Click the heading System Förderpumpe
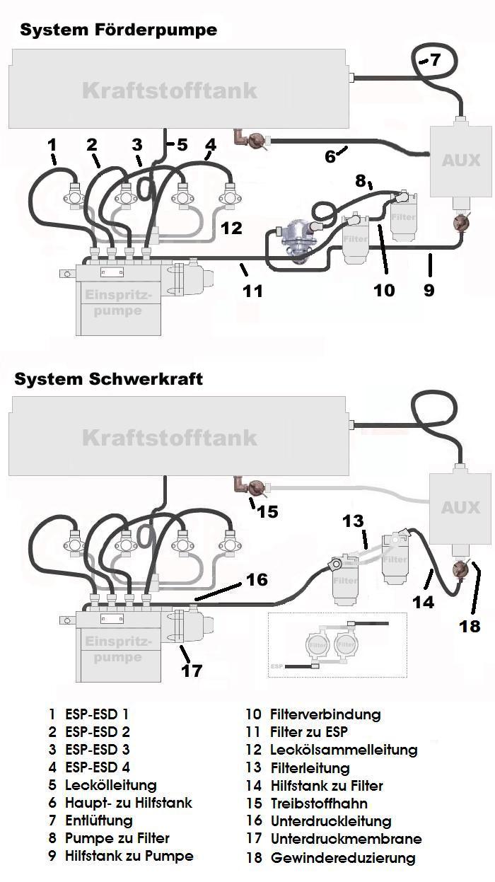point(118,30)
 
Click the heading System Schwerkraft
point(108,378)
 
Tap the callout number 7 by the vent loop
point(436,60)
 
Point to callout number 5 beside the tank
point(182,145)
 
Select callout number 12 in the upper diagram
point(231,228)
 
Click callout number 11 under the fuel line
point(252,290)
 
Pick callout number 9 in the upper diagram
point(429,289)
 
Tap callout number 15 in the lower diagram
point(267,511)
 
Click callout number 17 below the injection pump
point(192,671)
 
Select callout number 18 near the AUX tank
point(470,626)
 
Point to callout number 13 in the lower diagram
point(353,521)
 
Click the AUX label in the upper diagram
point(460,161)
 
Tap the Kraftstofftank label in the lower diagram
point(170,437)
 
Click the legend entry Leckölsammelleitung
point(344,750)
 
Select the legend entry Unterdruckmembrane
point(346,840)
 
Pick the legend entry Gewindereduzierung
point(343,858)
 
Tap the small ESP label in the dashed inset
point(276,666)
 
